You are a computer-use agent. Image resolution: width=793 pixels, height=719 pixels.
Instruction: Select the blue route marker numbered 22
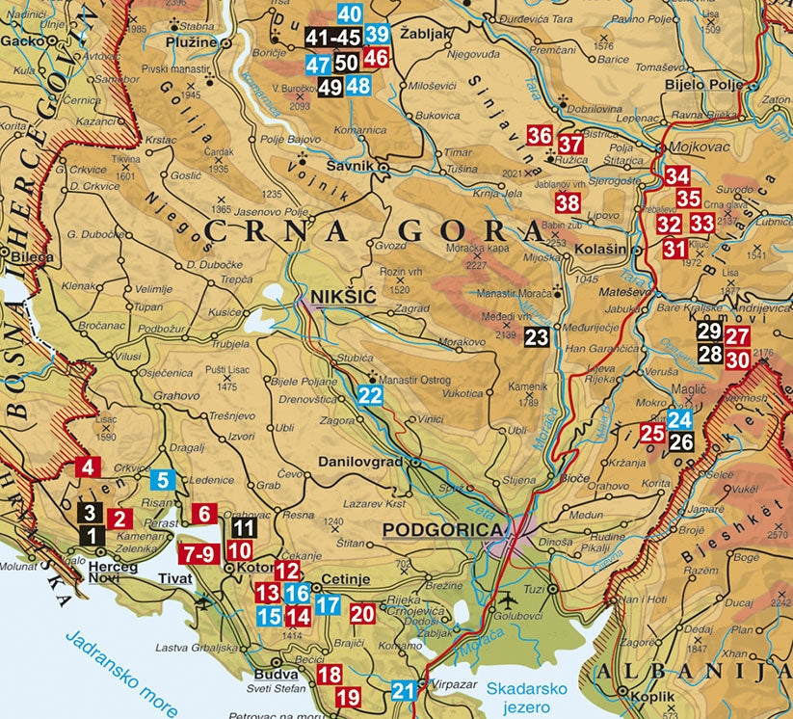(370, 394)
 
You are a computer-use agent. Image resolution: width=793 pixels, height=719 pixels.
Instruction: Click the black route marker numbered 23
(537, 336)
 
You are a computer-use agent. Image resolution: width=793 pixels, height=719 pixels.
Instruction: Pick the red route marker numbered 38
(568, 202)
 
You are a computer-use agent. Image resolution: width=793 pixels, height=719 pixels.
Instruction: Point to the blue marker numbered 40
(350, 13)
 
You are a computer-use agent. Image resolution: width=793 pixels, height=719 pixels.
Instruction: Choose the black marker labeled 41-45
(332, 37)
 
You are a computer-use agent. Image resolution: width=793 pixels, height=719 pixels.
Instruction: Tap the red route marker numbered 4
(88, 467)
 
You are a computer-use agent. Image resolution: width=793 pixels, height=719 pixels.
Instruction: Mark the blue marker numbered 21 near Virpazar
(405, 690)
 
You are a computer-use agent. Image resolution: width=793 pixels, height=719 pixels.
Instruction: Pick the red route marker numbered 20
(361, 612)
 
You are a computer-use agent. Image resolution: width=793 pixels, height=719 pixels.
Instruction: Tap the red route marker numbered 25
(652, 433)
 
